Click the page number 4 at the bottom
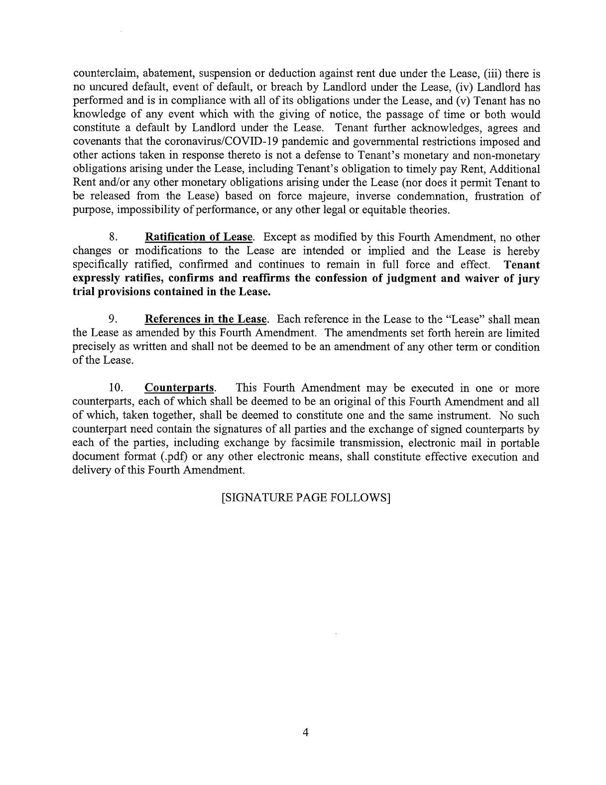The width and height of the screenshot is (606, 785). coord(306,732)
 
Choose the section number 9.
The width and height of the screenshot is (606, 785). coord(113,319)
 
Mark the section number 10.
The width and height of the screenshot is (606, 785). coord(115,388)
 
